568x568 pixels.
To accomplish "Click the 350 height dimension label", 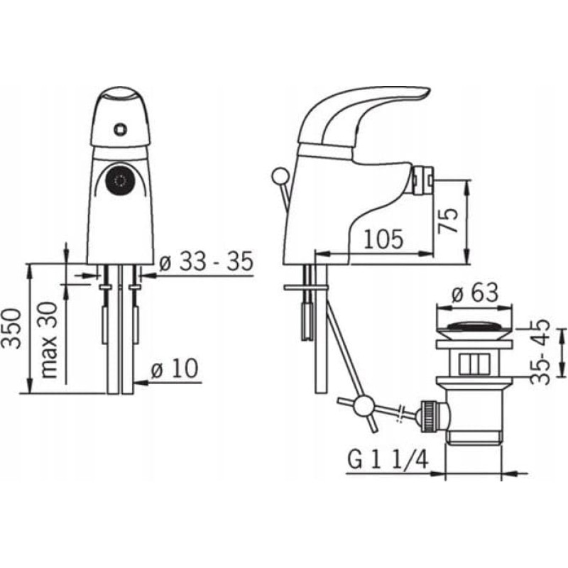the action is [11, 329].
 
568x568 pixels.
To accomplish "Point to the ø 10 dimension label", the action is [175, 368].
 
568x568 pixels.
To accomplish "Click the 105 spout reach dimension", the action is [383, 239].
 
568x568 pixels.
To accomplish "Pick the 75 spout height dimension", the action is [448, 221].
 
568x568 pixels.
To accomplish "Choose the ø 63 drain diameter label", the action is [475, 293].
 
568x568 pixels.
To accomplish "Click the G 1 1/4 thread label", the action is [388, 459].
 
